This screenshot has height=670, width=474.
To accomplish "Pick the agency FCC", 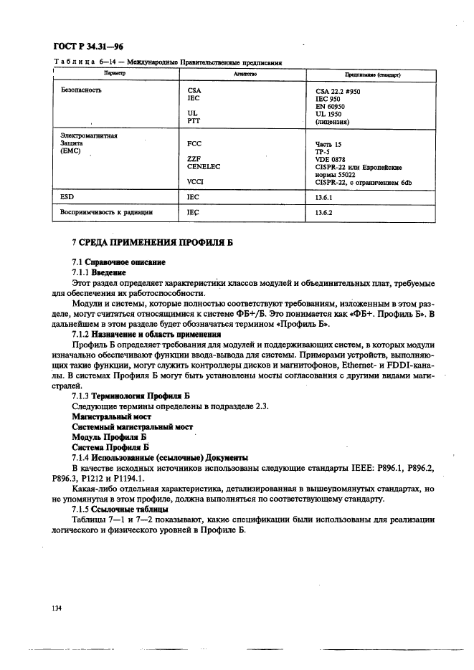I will pos(194,144).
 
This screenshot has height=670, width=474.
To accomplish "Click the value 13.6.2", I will pos(325,213).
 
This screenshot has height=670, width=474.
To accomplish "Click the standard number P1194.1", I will pos(129,477).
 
